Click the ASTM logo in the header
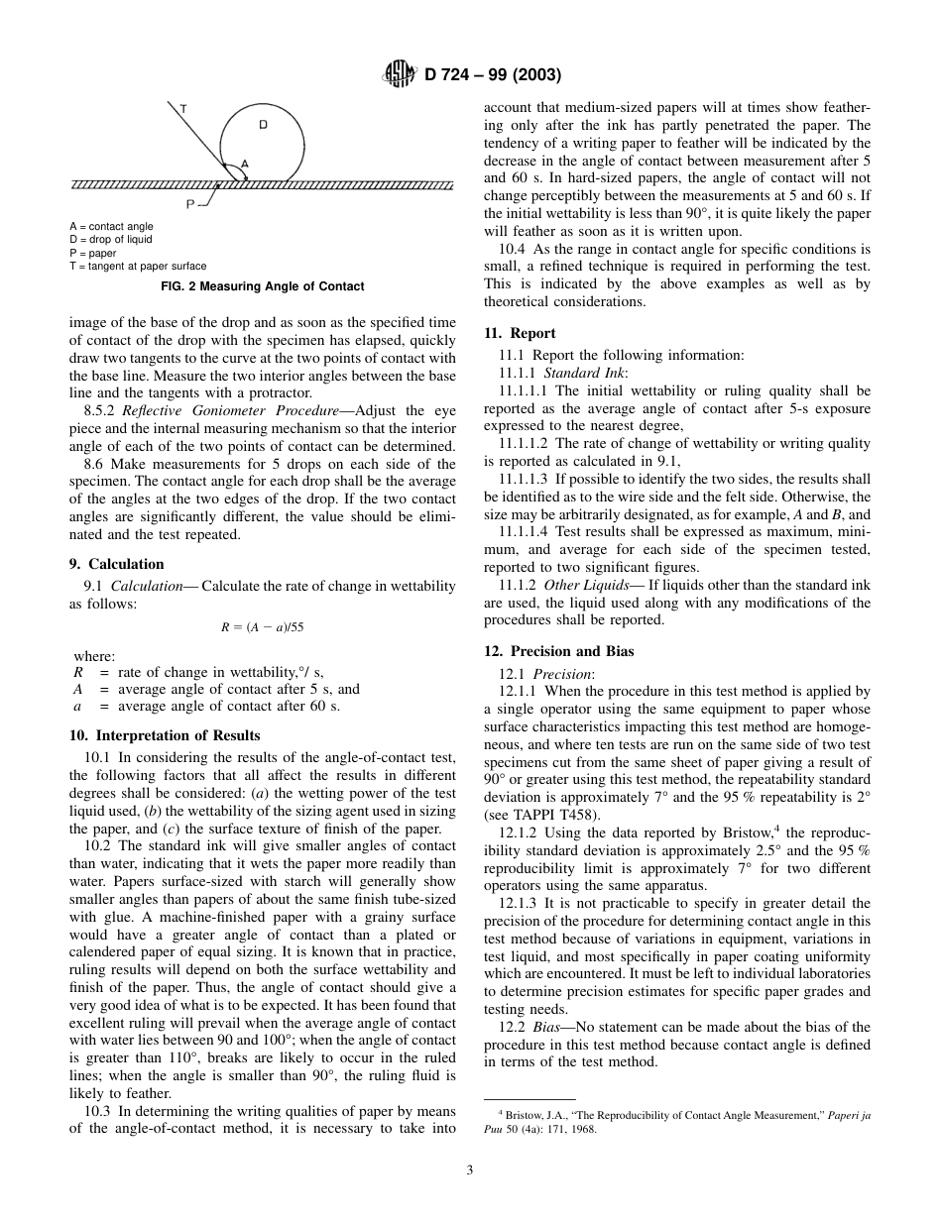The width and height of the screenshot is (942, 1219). pyautogui.click(x=399, y=74)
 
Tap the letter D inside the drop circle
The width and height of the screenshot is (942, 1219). pyautogui.click(x=263, y=124)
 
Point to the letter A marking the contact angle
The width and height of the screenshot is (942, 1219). pyautogui.click(x=245, y=164)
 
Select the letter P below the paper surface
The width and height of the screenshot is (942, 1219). pyautogui.click(x=190, y=203)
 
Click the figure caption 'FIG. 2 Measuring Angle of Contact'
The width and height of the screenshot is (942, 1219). pyautogui.click(x=262, y=286)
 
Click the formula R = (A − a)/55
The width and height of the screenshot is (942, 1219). pyautogui.click(x=262, y=626)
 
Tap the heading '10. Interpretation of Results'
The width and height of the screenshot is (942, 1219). pyautogui.click(x=164, y=735)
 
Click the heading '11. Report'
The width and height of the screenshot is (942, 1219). pyautogui.click(x=520, y=333)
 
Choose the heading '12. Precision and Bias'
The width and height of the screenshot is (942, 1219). pyautogui.click(x=558, y=651)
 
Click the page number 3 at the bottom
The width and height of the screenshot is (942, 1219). pyautogui.click(x=470, y=1169)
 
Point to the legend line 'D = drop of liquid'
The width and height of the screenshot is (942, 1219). pyautogui.click(x=111, y=240)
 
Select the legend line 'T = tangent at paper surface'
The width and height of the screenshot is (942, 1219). pyautogui.click(x=138, y=266)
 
